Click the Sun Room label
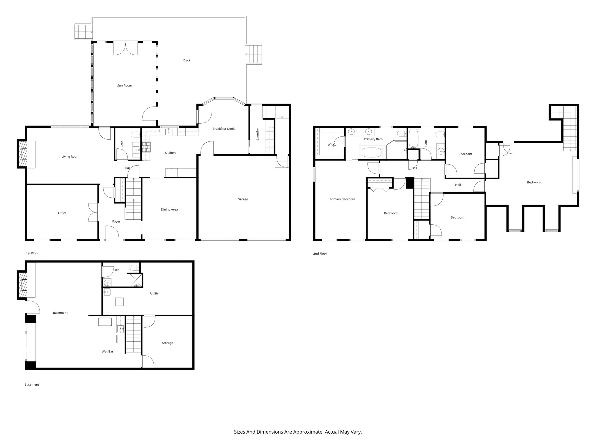tap(125, 86)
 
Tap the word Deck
tap(187, 61)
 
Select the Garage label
tap(243, 199)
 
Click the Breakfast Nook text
tap(223, 129)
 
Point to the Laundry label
tap(258, 134)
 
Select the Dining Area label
tap(169, 210)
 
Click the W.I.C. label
tap(331, 145)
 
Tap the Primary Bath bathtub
tap(371, 152)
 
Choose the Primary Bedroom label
tap(342, 199)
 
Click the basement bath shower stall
tap(136, 280)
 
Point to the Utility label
tap(154, 293)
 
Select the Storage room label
tap(167, 343)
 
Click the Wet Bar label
tap(107, 352)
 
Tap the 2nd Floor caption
tap(320, 253)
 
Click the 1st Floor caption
tap(32, 253)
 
